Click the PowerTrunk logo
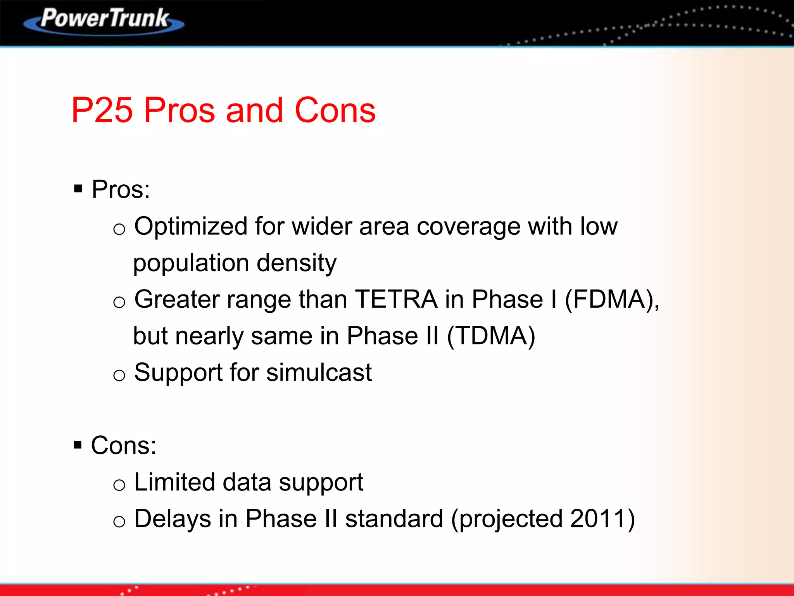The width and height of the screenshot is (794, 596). pyautogui.click(x=104, y=20)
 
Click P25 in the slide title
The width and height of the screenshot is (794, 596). pyautogui.click(x=102, y=111)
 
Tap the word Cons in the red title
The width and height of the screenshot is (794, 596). pyautogui.click(x=335, y=111)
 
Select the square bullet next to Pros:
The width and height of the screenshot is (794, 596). pyautogui.click(x=78, y=189)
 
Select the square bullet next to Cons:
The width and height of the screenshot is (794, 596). pyautogui.click(x=78, y=445)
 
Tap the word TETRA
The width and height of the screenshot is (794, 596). pyautogui.click(x=396, y=300)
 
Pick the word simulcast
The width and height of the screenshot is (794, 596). pyautogui.click(x=319, y=372)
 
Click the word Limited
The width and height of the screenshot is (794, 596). pyautogui.click(x=174, y=482)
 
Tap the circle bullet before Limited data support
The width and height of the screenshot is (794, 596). pyautogui.click(x=119, y=485)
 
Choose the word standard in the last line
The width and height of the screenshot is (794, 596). pyautogui.click(x=394, y=519)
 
